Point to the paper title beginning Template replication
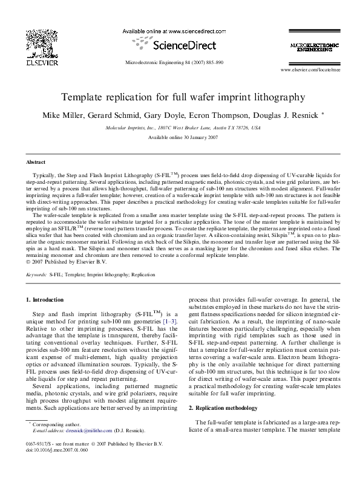(180, 96)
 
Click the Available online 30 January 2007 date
(180, 138)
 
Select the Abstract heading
(36, 163)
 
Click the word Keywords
(37, 274)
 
